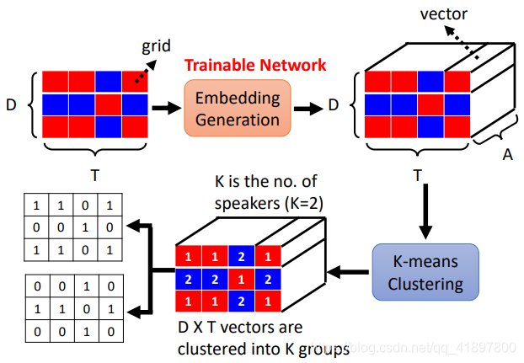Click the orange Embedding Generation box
coord(238,108)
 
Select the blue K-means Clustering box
coord(425,272)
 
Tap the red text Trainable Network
coord(255,65)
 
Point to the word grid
coord(156,46)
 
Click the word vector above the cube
coord(443,14)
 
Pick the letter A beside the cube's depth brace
coord(508,155)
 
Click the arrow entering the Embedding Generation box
coord(167,108)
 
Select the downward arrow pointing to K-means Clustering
coord(425,211)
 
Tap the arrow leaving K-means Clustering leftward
coord(348,272)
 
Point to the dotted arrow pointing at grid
coord(146,71)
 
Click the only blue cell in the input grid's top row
coord(109,81)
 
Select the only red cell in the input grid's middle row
coord(109,104)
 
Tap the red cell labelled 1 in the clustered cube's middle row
coord(241,279)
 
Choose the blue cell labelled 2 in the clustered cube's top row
coord(241,257)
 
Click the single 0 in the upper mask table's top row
coord(85,206)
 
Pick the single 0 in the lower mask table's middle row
coord(87,309)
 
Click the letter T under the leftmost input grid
coord(95,175)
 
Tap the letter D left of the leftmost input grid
coord(11,105)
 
